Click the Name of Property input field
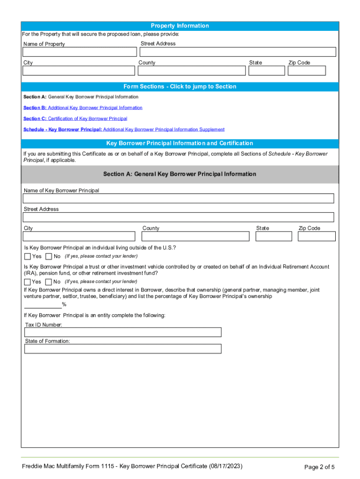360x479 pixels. [79, 52]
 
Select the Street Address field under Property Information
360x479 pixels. [237, 52]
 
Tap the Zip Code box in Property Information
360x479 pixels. [307, 71]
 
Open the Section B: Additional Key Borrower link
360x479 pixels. [83, 108]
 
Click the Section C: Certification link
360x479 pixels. [75, 119]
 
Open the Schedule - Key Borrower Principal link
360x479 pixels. [124, 130]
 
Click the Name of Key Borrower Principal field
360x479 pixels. [179, 198]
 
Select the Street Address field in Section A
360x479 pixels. [179, 218]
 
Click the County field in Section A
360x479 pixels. [195, 236]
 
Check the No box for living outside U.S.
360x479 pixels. [49, 256]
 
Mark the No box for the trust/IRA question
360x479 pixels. [49, 282]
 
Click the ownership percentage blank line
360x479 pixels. [43, 305]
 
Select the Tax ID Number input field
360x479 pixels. [122, 332]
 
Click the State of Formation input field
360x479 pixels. [122, 349]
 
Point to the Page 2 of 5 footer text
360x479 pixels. [319, 467]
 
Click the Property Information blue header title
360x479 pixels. [180, 26]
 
